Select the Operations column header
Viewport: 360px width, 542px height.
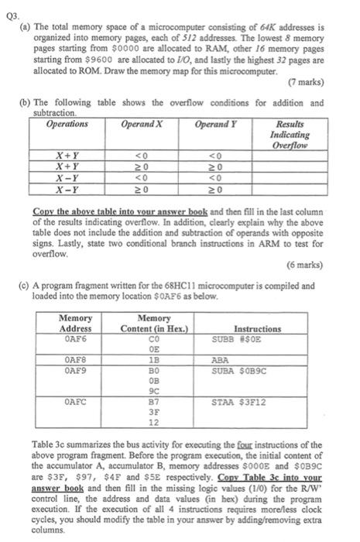(68, 124)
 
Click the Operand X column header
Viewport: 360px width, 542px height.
(143, 124)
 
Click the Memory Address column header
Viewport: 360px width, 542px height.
(75, 324)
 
